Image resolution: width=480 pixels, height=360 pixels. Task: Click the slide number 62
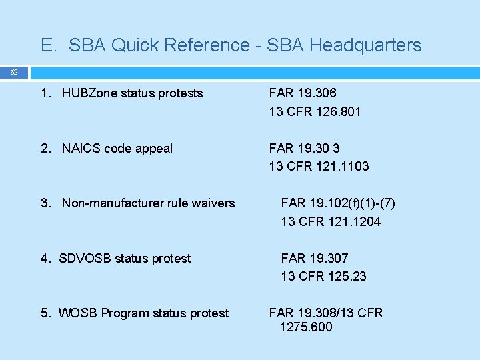click(x=14, y=72)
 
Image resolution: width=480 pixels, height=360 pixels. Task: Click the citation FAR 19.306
click(x=303, y=93)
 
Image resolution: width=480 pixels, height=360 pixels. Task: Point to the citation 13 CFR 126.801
click(x=315, y=111)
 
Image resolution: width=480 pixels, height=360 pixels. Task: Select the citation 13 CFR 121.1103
click(x=319, y=166)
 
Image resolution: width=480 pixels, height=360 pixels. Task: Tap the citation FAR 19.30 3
click(x=304, y=148)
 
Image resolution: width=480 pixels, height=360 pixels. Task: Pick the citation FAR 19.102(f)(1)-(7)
click(x=333, y=203)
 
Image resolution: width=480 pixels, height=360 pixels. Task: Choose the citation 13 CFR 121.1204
click(x=331, y=221)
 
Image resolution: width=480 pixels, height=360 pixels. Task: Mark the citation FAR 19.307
click(x=315, y=258)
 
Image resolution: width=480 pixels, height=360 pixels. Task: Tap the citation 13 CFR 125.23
click(x=323, y=276)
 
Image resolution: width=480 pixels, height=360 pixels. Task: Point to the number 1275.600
click(x=306, y=327)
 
